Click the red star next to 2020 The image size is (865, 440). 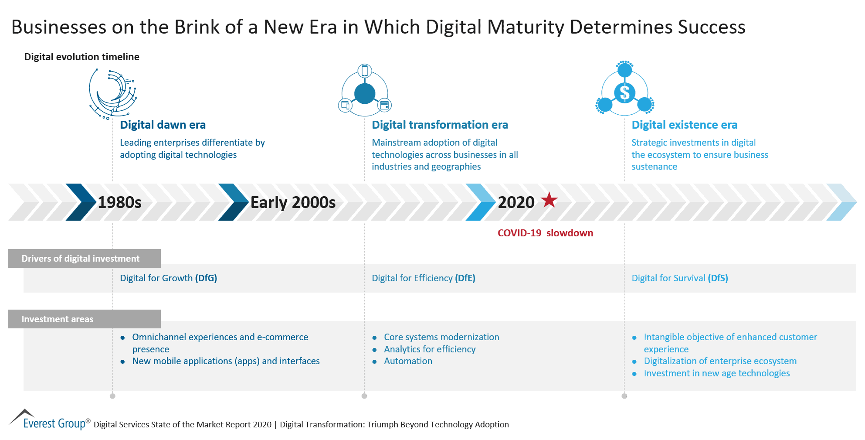549,200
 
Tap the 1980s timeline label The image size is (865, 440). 119,202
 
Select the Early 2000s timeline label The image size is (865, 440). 293,202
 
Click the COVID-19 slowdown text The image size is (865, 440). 545,233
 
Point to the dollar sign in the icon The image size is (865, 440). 624,92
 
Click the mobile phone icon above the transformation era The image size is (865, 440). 365,71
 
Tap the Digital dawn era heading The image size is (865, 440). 163,125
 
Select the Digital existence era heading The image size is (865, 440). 684,125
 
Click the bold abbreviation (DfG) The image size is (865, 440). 206,278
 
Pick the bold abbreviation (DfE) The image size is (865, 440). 465,278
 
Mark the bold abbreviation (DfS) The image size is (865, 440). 718,278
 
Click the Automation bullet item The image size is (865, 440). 408,361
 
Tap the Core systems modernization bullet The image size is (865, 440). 441,337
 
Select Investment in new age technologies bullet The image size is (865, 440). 716,373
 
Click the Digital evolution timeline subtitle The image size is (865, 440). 81,57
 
